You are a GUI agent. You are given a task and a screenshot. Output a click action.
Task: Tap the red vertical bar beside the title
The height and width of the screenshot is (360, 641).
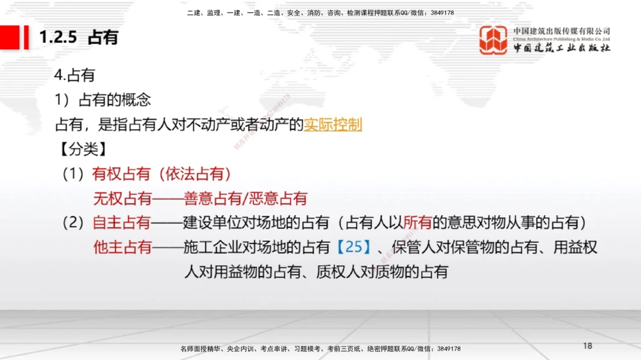tap(26, 37)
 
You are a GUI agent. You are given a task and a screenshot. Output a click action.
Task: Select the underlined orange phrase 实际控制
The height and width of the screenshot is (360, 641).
tap(333, 124)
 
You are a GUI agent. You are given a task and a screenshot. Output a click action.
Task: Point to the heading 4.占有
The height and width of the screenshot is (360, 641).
tap(75, 76)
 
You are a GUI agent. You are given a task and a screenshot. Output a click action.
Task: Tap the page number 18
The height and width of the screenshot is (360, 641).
tap(588, 346)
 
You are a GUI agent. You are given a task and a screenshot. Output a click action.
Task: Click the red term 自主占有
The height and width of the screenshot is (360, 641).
tap(122, 223)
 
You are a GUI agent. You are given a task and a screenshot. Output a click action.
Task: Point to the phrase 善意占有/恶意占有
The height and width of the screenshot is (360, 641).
tap(246, 199)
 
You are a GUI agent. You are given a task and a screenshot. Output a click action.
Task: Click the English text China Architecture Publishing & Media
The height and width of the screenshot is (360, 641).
tap(562, 38)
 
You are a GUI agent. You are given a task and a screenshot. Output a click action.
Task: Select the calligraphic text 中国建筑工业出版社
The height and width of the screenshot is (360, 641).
tap(562, 49)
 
